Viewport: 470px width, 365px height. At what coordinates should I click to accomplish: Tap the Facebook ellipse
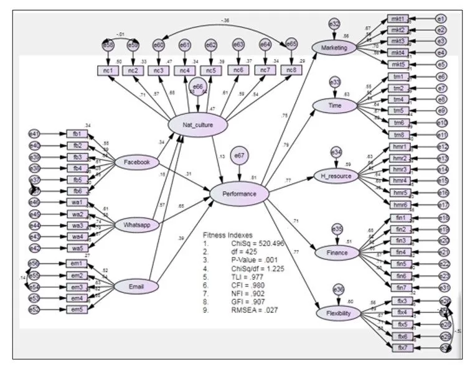136,162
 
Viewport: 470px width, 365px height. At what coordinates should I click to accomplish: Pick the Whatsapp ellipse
137,224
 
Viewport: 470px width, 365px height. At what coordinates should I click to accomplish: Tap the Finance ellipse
336,253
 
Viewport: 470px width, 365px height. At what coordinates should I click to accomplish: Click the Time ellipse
335,106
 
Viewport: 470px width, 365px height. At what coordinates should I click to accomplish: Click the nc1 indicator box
106,70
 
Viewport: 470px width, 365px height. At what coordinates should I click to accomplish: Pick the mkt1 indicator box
398,19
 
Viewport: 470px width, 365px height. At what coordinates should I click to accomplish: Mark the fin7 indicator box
400,287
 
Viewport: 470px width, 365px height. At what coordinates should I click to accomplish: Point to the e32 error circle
334,24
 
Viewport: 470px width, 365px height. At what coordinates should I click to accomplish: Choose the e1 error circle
441,19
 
